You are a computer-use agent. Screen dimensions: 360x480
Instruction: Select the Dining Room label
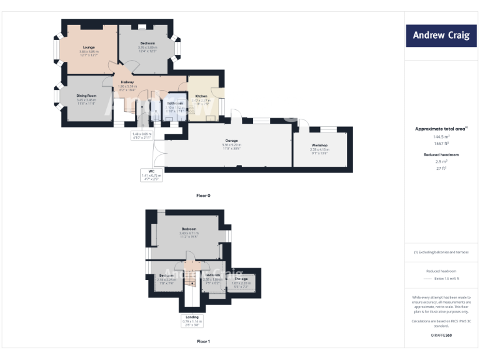[86, 96]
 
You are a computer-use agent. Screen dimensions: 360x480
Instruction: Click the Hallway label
[127, 82]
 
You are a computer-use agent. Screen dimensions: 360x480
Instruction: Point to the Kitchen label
[201, 96]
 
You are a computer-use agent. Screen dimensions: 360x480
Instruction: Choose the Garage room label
[231, 141]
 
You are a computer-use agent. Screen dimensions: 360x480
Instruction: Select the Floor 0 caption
[203, 196]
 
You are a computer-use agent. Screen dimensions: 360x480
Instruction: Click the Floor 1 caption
[203, 342]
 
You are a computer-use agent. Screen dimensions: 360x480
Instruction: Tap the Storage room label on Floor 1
[241, 279]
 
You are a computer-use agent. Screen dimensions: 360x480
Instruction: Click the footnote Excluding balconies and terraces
[441, 252]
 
